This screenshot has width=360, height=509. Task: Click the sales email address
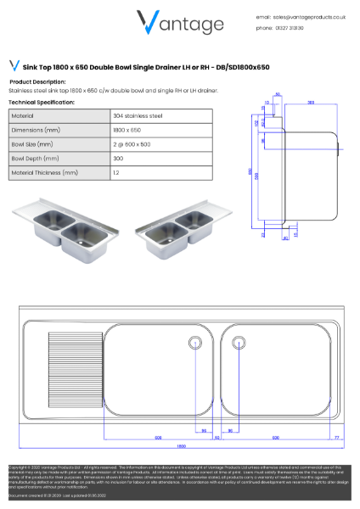pyautogui.click(x=308, y=16)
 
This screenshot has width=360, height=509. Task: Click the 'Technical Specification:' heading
pyautogui.click(x=42, y=102)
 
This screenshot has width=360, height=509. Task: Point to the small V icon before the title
pyautogui.click(x=14, y=65)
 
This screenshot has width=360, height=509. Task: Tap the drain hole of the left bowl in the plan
pyautogui.click(x=194, y=343)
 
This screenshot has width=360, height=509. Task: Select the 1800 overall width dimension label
pyautogui.click(x=180, y=446)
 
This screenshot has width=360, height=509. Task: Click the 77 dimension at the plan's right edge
pyautogui.click(x=337, y=437)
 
